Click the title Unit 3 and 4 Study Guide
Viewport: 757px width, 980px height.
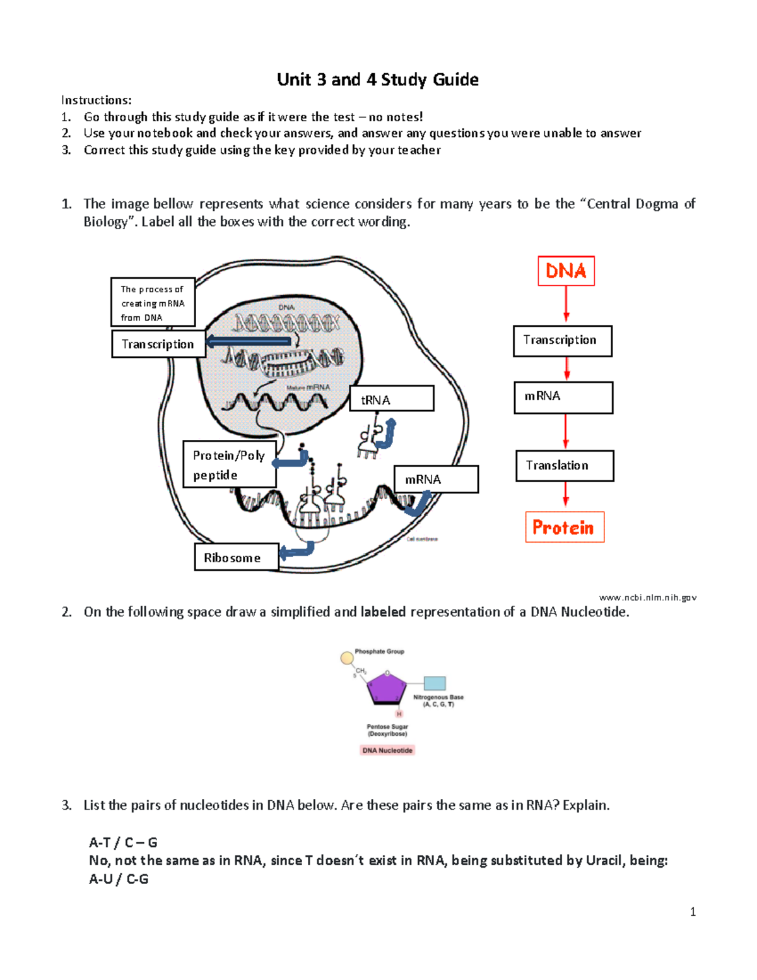coord(377,80)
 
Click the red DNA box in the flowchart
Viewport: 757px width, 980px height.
coord(566,271)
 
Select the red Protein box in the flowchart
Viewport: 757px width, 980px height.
coord(565,527)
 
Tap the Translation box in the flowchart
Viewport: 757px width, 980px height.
coord(565,466)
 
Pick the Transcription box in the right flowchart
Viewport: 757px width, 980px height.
coord(562,341)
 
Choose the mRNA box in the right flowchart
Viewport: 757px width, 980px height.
coord(563,398)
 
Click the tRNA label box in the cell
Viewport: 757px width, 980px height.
coord(392,399)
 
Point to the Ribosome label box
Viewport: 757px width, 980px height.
coord(237,557)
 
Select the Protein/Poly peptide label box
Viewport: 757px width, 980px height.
coord(230,464)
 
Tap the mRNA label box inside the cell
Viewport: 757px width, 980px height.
coord(436,480)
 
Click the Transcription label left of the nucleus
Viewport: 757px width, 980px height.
coord(158,345)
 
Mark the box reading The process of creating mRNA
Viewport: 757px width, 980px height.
coord(153,303)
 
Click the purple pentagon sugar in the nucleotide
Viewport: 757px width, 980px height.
coord(385,688)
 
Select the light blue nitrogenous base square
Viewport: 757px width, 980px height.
coord(435,683)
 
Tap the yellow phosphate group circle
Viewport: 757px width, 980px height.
coord(346,658)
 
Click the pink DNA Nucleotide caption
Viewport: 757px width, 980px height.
coord(387,750)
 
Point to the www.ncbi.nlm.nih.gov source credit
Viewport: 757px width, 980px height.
coord(647,597)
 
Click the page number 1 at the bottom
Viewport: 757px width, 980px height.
coord(693,912)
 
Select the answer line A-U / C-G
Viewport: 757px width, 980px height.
coord(119,879)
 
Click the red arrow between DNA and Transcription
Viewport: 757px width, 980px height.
coord(566,304)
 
